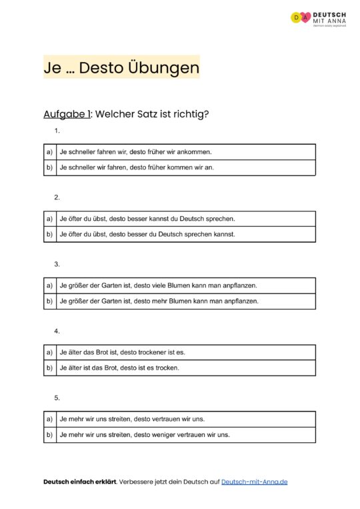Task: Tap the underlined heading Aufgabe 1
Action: coord(67,113)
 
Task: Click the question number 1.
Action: coord(57,131)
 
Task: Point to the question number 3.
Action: coord(57,264)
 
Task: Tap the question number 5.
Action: coord(57,398)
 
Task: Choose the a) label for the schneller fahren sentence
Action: coord(49,152)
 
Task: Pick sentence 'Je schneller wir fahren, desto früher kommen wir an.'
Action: coord(137,167)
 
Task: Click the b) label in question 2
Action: coord(49,234)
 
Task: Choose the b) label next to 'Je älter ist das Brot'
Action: coord(49,368)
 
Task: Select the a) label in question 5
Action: coord(49,419)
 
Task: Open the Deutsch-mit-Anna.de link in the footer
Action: coord(254,482)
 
